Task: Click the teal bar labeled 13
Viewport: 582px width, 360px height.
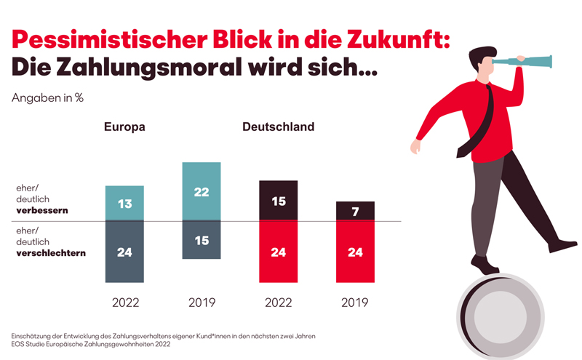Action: (124, 204)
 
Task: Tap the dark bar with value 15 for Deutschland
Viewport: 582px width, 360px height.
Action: (279, 201)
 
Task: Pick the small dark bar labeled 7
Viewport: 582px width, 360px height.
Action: (355, 211)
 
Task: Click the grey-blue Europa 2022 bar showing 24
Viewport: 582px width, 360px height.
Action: (124, 252)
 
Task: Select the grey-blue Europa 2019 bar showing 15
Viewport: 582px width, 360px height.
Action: (202, 240)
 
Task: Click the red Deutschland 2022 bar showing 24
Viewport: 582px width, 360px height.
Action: (279, 252)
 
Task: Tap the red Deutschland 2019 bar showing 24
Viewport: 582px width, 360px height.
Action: (355, 252)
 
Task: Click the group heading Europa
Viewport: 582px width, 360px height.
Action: (124, 127)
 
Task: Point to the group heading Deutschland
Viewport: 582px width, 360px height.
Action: (279, 127)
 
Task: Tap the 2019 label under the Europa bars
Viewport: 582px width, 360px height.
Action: (202, 302)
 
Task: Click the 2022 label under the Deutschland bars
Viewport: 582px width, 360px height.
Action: (279, 302)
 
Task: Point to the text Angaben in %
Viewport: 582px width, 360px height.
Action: (47, 97)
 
